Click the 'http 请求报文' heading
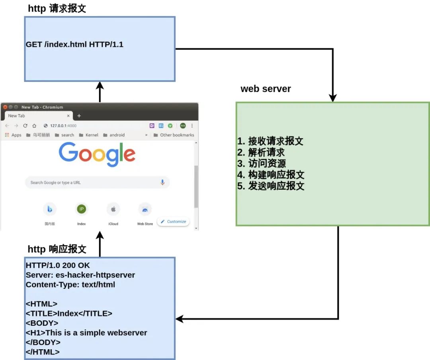coord(57,9)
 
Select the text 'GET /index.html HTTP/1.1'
coord(74,45)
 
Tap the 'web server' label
coord(266,89)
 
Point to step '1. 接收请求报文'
coord(270,141)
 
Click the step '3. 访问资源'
coord(262,163)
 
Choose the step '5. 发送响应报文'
coord(271,186)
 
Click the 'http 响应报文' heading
coord(57,249)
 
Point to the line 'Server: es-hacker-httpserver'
coord(80,275)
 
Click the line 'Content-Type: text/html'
coord(70,284)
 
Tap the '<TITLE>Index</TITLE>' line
coord(69,313)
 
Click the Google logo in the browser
coord(97,155)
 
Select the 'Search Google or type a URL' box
coord(92,183)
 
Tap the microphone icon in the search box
coord(162,182)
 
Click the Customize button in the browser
coord(174,222)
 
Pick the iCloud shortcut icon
coord(113,209)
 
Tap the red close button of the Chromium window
coord(5,107)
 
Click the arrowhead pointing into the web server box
coord(333,98)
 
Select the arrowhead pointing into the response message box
coord(180,319)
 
